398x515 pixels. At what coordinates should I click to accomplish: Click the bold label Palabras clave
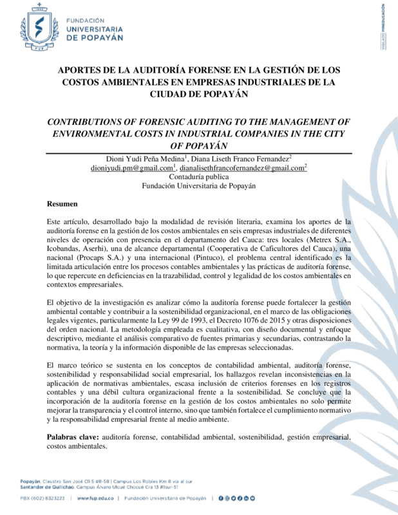pyautogui.click(x=73, y=437)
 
